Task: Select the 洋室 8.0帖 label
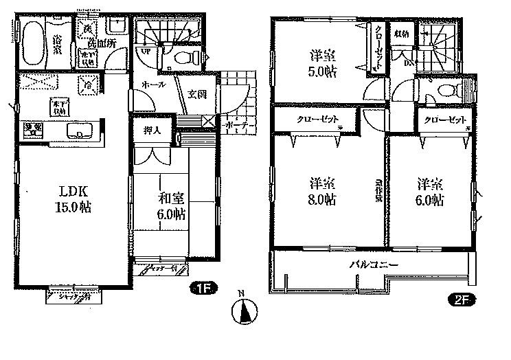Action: point(322,192)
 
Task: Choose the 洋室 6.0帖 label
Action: point(429,192)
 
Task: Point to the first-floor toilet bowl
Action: point(185,58)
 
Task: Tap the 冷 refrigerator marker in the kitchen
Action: point(88,85)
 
